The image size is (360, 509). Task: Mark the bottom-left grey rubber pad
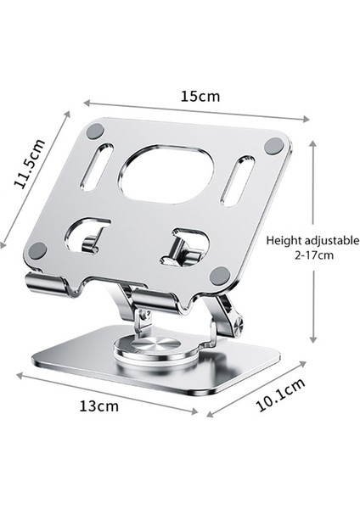37,250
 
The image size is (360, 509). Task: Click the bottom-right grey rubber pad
220,275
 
